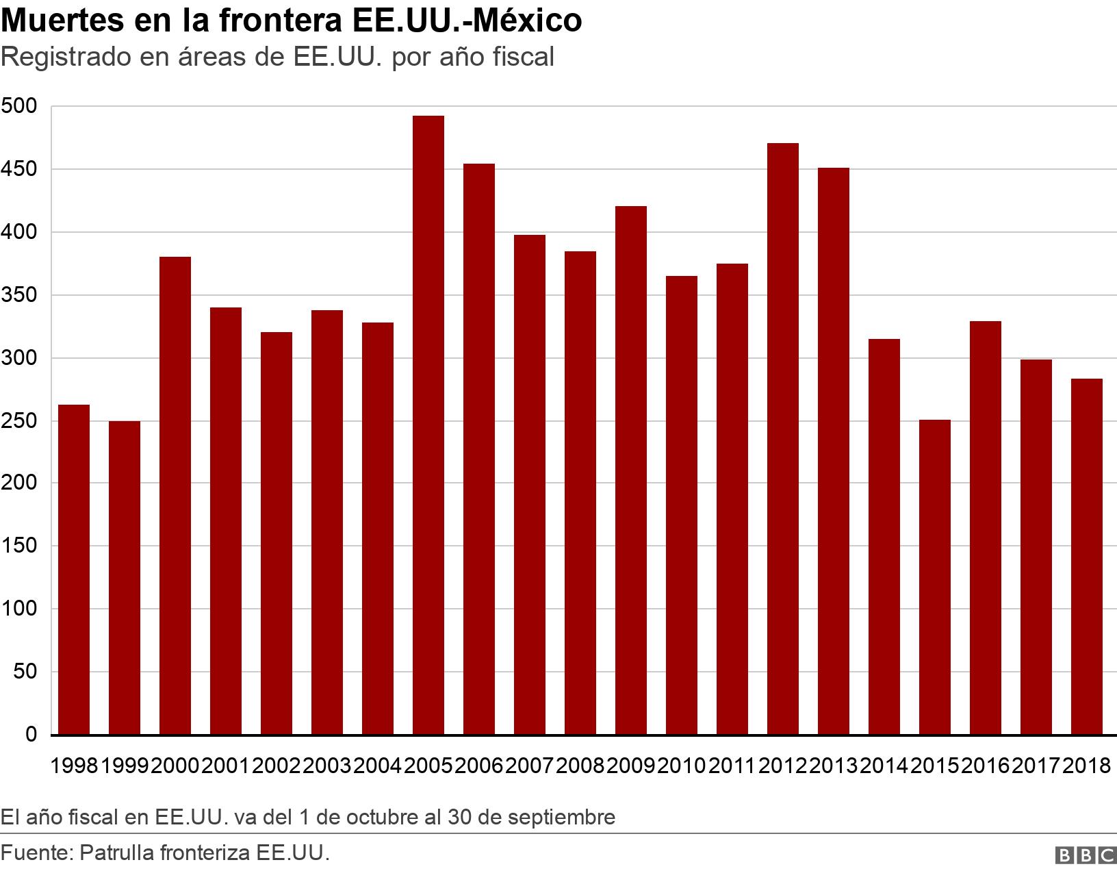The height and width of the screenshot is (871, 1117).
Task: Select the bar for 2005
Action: pyautogui.click(x=428, y=425)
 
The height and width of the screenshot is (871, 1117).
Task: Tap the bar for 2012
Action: pyautogui.click(x=782, y=438)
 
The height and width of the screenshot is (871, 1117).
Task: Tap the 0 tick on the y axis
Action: pyautogui.click(x=31, y=734)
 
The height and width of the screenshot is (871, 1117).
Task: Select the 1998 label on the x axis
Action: pyautogui.click(x=75, y=766)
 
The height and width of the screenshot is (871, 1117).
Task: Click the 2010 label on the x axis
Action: pyautogui.click(x=681, y=766)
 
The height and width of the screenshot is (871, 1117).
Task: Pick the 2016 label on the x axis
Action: pyautogui.click(x=985, y=766)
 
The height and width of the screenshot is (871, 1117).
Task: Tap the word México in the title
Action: pyautogui.click(x=528, y=21)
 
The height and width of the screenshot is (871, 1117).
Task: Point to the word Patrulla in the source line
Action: pyautogui.click(x=116, y=853)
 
